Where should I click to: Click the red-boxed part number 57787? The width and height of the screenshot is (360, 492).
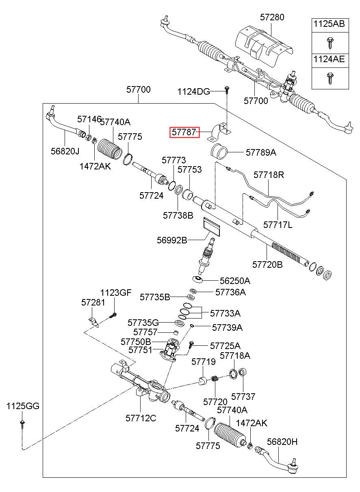point(184,132)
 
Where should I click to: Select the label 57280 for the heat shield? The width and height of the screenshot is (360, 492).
point(272,17)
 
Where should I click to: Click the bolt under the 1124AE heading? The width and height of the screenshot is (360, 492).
point(330,78)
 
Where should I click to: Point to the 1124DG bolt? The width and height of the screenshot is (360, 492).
point(227,90)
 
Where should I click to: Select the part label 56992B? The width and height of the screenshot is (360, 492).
point(172,240)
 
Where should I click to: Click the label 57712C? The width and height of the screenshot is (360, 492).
point(141,418)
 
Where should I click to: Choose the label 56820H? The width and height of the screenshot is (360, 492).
point(282,442)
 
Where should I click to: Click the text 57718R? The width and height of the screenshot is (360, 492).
point(269,175)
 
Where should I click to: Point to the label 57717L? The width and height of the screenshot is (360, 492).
point(278,225)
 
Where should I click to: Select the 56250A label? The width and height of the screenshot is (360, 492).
point(235,281)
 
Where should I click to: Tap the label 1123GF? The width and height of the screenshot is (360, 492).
point(116,293)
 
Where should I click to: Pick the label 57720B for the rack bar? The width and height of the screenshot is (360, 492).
point(267,264)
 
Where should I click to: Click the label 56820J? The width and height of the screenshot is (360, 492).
point(65,151)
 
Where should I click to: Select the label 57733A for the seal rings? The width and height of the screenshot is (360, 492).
point(225,313)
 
